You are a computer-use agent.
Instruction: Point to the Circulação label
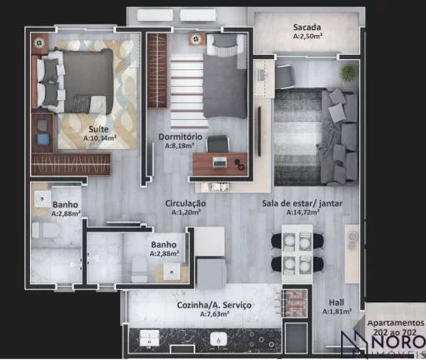point(185,202)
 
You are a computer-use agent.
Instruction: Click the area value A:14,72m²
point(307,212)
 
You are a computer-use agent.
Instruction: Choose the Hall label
point(337,302)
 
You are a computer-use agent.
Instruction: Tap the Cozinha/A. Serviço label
point(214,306)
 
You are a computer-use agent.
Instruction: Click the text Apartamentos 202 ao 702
point(396,326)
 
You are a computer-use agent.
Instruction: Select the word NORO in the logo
point(396,343)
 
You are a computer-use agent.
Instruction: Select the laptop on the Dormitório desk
point(220,162)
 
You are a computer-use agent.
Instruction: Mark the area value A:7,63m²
point(214,315)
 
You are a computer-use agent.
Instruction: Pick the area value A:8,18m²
point(178,144)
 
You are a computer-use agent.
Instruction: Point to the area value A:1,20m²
point(185,212)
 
